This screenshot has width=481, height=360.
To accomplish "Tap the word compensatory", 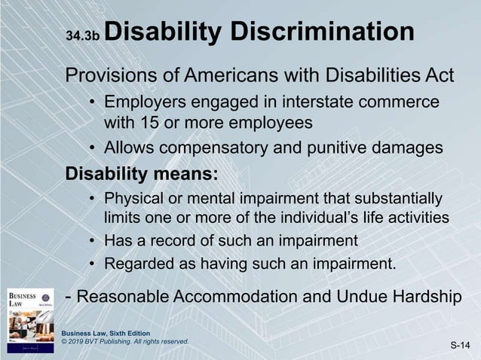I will tap(216, 148).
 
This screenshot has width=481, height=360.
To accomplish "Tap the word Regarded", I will tap(138, 264).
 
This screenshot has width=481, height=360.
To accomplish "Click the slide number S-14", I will tap(460, 345).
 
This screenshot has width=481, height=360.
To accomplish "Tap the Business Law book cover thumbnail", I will tap(30, 319).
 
